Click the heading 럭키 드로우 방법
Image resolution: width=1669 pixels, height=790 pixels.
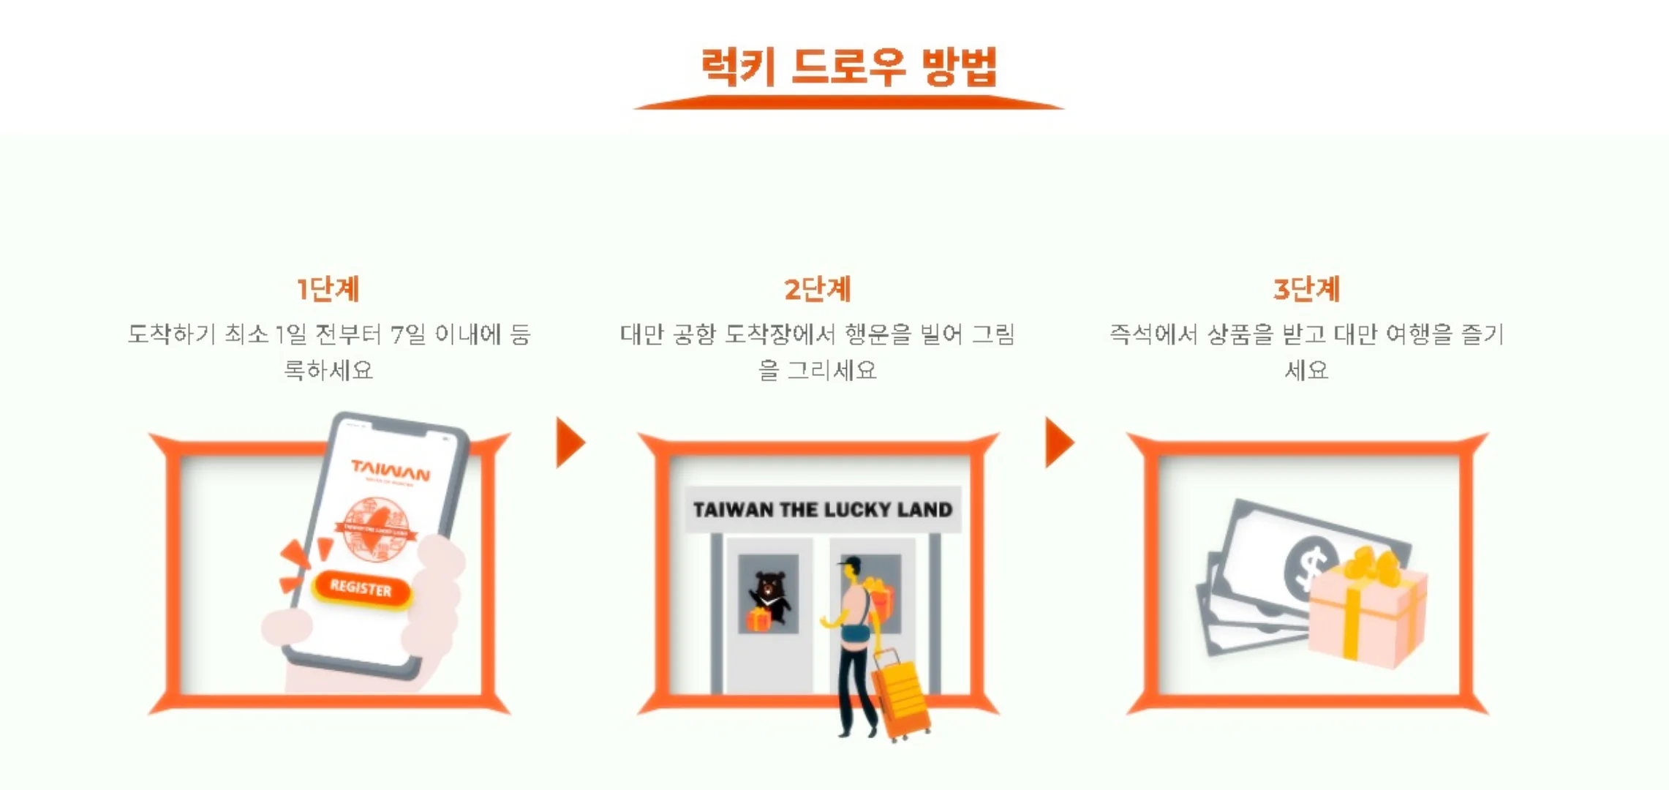848,67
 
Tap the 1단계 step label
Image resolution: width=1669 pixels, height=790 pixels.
328,289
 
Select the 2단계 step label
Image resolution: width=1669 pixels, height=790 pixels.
817,289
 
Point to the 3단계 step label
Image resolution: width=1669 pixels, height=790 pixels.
1306,289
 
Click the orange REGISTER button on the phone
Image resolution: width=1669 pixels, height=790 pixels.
361,588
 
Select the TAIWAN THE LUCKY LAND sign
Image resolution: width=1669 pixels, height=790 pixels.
822,509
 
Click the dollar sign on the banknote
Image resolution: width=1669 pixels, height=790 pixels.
1309,567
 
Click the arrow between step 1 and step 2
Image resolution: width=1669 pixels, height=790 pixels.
570,443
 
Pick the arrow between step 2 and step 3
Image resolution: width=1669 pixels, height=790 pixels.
1058,443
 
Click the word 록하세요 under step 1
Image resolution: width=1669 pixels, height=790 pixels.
328,370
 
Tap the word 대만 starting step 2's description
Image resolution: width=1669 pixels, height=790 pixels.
641,334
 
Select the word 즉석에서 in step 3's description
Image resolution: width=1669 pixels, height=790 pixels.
1152,334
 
